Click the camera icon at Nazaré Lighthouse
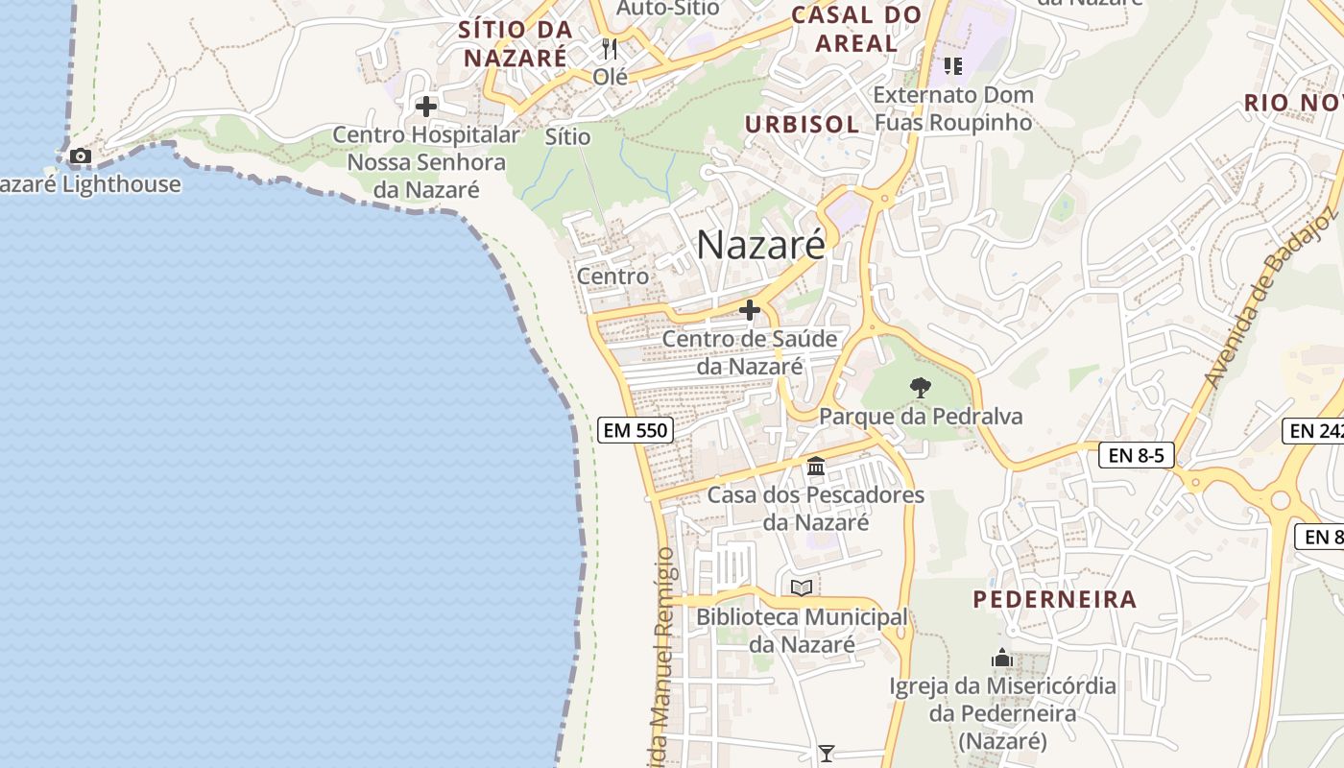pos(81,156)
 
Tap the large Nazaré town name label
pos(760,245)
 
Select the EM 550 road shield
pos(635,430)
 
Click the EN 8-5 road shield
pos(1137,455)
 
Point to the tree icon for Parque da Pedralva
pos(920,389)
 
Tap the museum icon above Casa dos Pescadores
pos(816,467)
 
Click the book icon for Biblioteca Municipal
pos(802,588)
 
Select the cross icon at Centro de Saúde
pos(750,310)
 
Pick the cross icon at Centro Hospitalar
pos(426,106)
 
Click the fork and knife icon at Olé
pos(609,48)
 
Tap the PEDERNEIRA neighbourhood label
pos(1055,600)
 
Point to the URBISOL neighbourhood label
pos(802,124)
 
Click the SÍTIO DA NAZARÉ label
pos(516,43)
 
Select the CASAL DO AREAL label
pos(856,29)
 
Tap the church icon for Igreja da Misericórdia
pos(1002,659)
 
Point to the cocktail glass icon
pos(826,754)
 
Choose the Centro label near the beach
pos(612,276)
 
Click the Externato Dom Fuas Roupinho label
pos(953,108)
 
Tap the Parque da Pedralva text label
pos(921,417)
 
